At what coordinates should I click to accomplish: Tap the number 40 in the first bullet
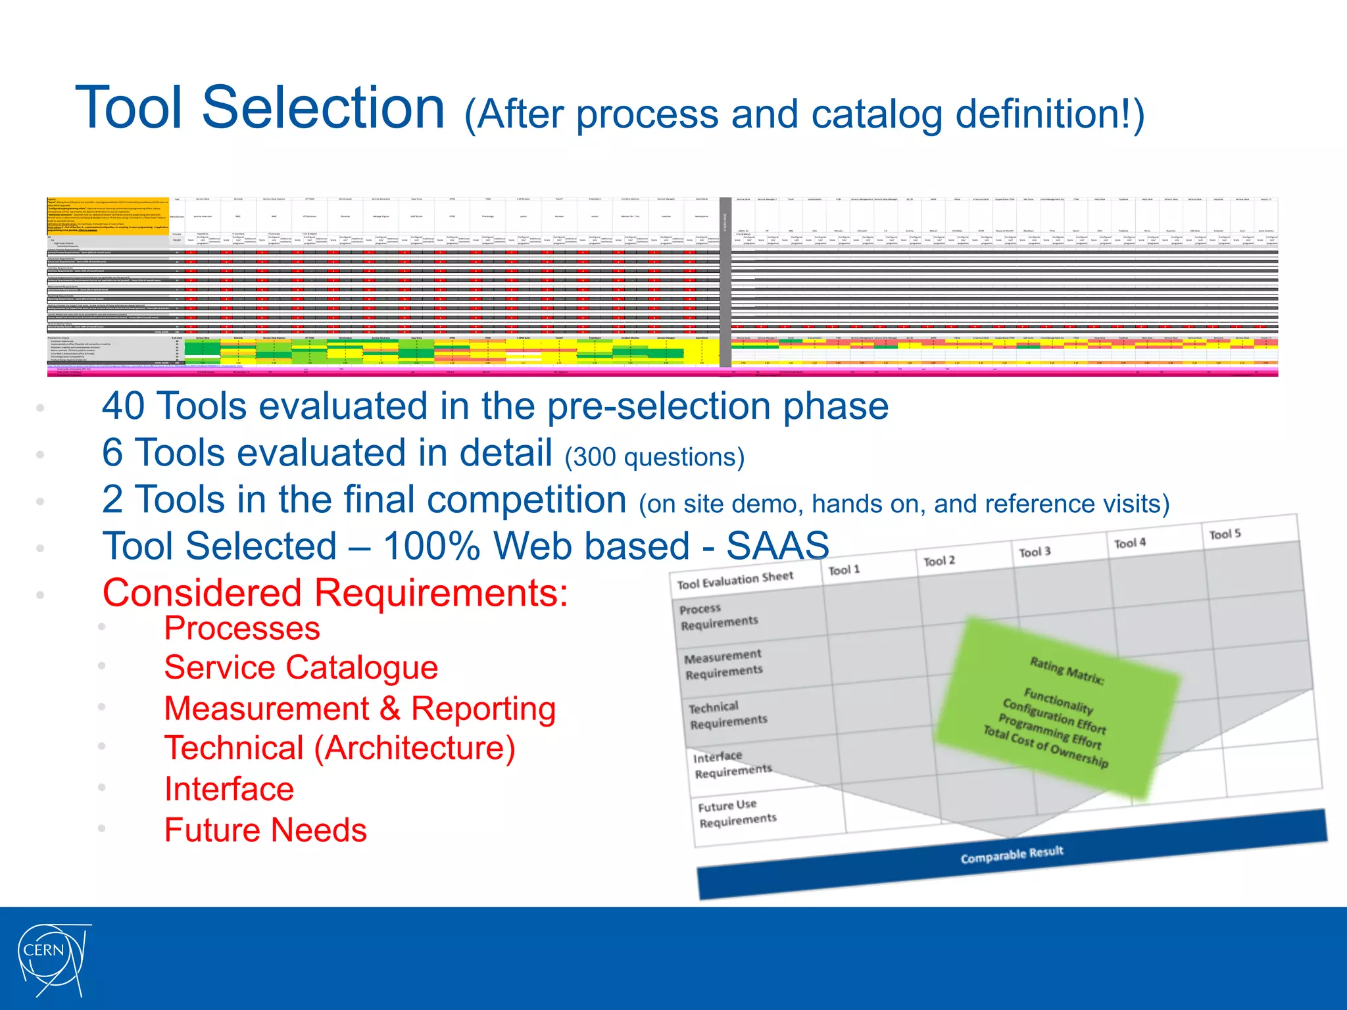(x=123, y=406)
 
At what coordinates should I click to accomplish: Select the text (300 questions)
(x=654, y=457)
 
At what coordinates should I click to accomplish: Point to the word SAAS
(x=777, y=546)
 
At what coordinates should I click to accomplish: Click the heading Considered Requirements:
(x=335, y=592)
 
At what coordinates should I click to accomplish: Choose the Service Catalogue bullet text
(x=301, y=668)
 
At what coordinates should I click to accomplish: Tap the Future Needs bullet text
(x=265, y=830)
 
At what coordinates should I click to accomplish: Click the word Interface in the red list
(x=229, y=789)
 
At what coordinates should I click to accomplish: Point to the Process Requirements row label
(x=718, y=616)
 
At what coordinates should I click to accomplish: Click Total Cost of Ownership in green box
(x=1046, y=747)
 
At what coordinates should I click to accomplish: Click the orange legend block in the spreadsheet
(x=108, y=216)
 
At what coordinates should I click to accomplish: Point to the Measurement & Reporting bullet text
(x=360, y=709)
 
